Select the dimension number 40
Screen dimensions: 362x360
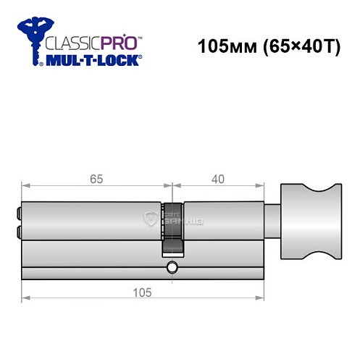[217, 174]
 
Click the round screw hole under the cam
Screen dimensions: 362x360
[172, 269]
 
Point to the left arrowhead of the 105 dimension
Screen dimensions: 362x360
[24, 298]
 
